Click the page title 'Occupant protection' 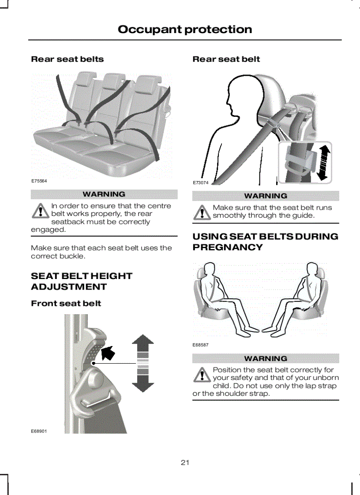click(x=185, y=30)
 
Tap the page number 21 click(x=185, y=462)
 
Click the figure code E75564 click(x=39, y=181)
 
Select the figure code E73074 click(x=201, y=183)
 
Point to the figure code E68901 click(x=39, y=431)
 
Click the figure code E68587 click(x=200, y=345)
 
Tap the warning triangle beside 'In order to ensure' click(x=40, y=211)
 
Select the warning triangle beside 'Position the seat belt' click(x=202, y=375)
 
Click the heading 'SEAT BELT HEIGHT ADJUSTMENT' click(x=82, y=281)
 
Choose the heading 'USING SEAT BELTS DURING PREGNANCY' click(x=266, y=242)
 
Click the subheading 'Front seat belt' click(x=66, y=303)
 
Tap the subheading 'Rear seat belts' click(x=67, y=59)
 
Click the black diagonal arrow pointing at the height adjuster click(x=108, y=353)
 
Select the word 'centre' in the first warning click(x=160, y=206)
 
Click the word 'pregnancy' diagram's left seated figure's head click(x=209, y=269)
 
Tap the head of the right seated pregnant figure click(x=312, y=269)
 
